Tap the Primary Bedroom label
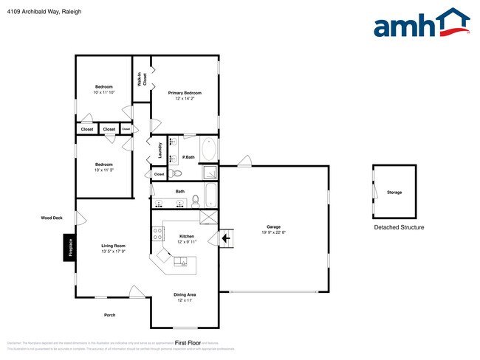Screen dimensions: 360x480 pyautogui.click(x=185, y=93)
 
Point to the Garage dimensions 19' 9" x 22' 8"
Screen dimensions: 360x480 pyautogui.click(x=273, y=232)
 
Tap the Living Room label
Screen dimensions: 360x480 pyautogui.click(x=113, y=246)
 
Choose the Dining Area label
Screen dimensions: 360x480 pyautogui.click(x=185, y=294)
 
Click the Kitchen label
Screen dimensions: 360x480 pyautogui.click(x=186, y=236)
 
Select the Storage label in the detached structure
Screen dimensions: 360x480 pyautogui.click(x=394, y=193)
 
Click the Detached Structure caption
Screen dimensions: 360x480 pyautogui.click(x=399, y=227)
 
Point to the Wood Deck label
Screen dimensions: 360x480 pyautogui.click(x=51, y=218)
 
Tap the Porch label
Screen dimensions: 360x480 pyautogui.click(x=109, y=315)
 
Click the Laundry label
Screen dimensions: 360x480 pyautogui.click(x=160, y=150)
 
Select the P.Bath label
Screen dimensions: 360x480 pyautogui.click(x=189, y=157)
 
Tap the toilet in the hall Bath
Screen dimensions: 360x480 pyautogui.click(x=196, y=200)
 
